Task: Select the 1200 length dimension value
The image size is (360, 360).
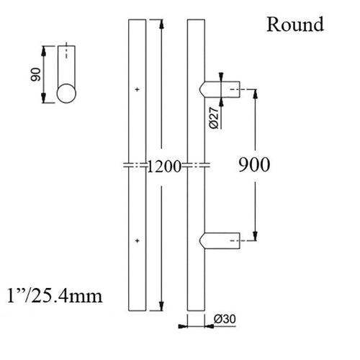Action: coord(164,167)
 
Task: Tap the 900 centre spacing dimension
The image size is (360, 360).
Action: coord(253,165)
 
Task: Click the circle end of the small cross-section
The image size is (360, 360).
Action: coord(67,95)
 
